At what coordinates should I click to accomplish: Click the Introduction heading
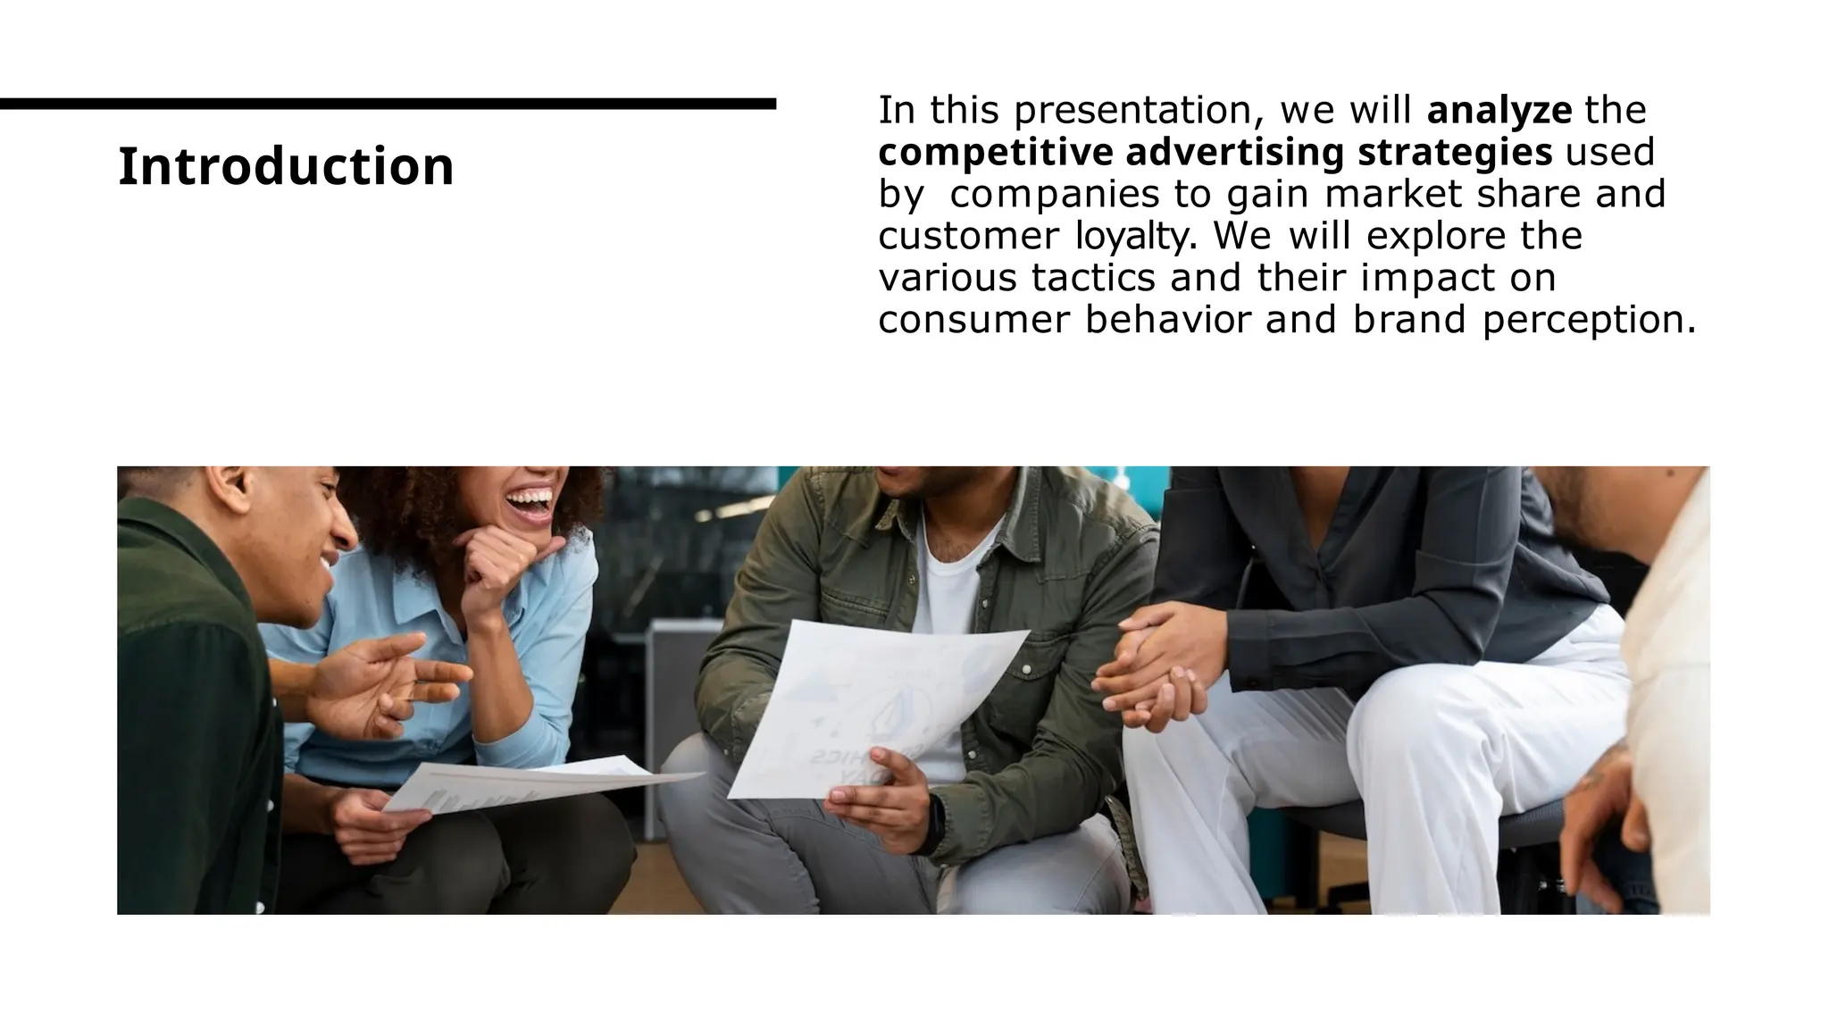click(x=286, y=166)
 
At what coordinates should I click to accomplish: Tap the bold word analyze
click(x=1499, y=111)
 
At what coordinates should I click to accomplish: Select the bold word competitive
click(x=996, y=153)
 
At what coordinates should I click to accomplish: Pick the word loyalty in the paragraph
click(x=1130, y=237)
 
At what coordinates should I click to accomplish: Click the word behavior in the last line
click(x=1168, y=320)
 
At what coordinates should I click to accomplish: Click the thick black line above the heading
click(x=388, y=105)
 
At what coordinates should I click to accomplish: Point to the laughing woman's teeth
click(x=533, y=498)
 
